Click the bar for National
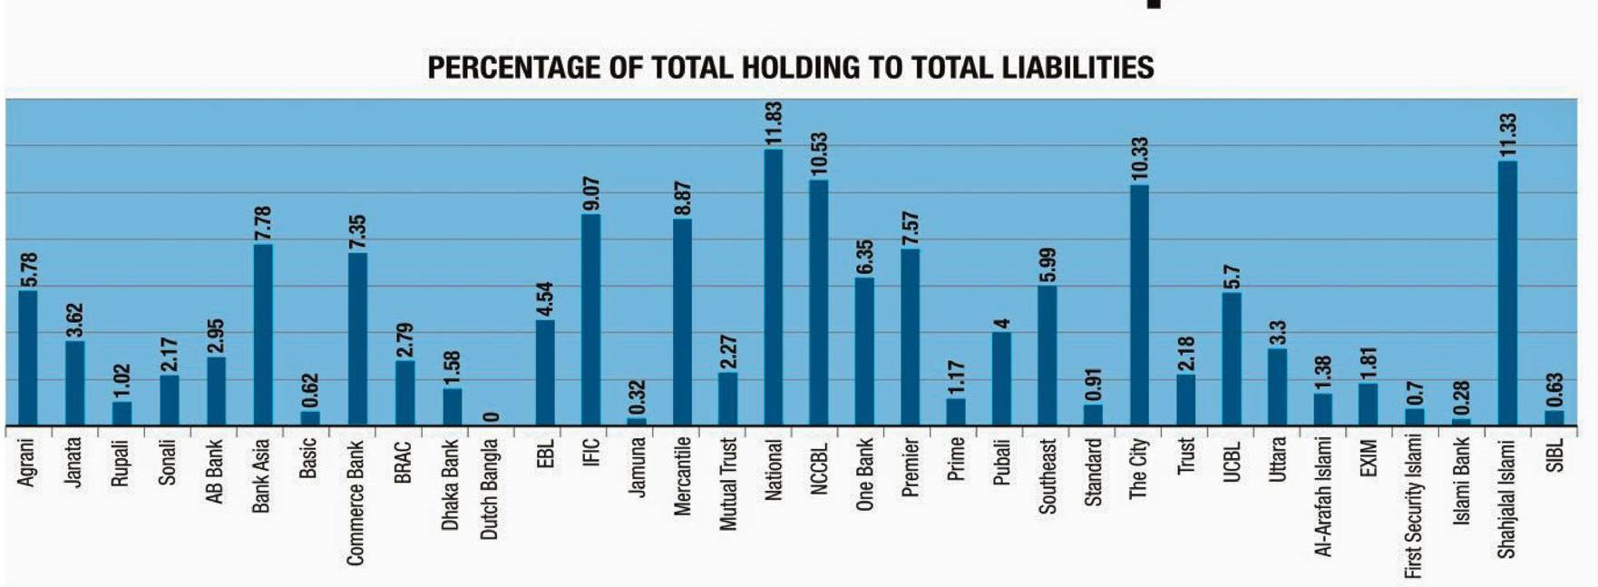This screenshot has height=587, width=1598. coord(774,287)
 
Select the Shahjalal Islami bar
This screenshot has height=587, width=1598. coord(1507,293)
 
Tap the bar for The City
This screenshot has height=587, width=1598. coord(1139,305)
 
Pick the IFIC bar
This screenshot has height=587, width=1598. coord(590,319)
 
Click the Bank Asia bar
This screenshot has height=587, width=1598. coord(262,335)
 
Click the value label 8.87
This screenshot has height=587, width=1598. coord(683,199)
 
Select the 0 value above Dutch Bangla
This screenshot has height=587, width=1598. coord(491,416)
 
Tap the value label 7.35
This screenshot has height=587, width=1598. coord(357,232)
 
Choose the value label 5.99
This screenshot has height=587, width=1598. coord(1047,265)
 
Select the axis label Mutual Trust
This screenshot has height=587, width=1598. coord(727,484)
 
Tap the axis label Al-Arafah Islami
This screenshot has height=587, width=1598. coord(1323,497)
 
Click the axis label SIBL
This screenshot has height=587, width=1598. coord(1554,455)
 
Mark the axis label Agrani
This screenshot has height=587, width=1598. coord(26,463)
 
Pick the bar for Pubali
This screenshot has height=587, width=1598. coord(1001,379)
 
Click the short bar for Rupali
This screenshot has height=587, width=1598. coord(122,414)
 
